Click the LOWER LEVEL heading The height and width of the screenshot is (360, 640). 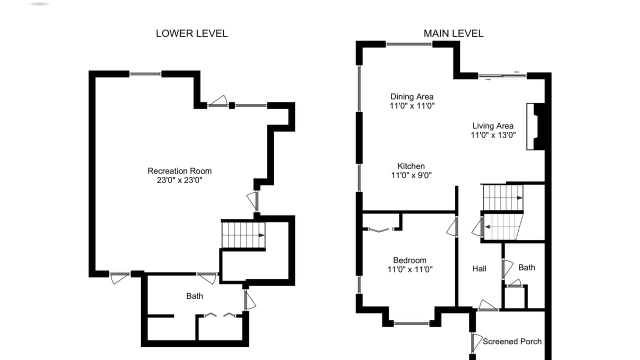tap(191, 33)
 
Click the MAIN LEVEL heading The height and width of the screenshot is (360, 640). tap(453, 33)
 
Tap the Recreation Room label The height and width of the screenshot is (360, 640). tap(179, 171)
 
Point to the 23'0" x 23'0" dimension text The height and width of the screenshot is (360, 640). tap(179, 180)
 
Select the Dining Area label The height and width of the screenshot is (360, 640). tap(412, 96)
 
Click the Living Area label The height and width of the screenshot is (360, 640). tap(493, 125)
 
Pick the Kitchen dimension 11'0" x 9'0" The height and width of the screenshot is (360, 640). tap(411, 175)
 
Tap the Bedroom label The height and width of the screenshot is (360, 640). tap(409, 260)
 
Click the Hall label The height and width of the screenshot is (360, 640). tap(479, 268)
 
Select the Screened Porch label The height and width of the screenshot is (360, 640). tap(512, 341)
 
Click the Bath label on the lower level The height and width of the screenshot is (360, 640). tap(194, 296)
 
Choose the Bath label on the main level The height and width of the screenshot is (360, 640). tap(527, 267)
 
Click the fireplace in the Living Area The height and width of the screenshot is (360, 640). tap(535, 126)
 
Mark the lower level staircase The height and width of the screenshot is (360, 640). tap(243, 235)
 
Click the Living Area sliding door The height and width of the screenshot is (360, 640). tap(502, 75)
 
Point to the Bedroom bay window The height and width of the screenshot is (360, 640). tap(411, 323)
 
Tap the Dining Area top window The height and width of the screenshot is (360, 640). tap(409, 44)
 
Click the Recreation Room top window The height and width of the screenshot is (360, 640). tap(145, 74)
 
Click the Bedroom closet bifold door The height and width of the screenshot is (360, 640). tap(379, 229)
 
